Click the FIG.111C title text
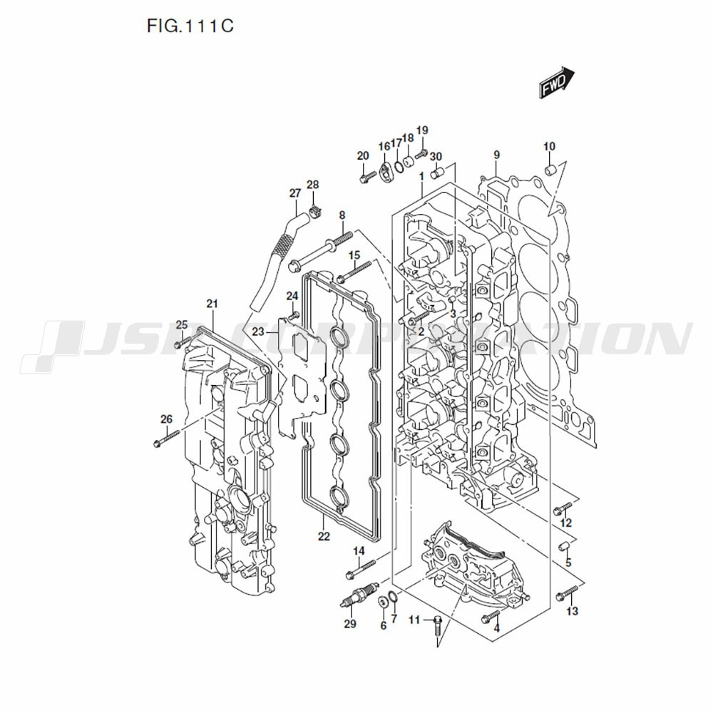[190, 27]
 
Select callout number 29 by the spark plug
[349, 625]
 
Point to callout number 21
[212, 304]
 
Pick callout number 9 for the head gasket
[496, 155]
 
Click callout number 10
[548, 147]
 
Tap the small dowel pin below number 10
[550, 170]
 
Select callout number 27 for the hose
[295, 193]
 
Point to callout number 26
[166, 419]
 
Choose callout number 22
[324, 536]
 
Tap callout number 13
[572, 611]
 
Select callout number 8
[342, 215]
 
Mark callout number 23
[258, 332]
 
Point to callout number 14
[359, 550]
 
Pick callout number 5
[568, 563]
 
